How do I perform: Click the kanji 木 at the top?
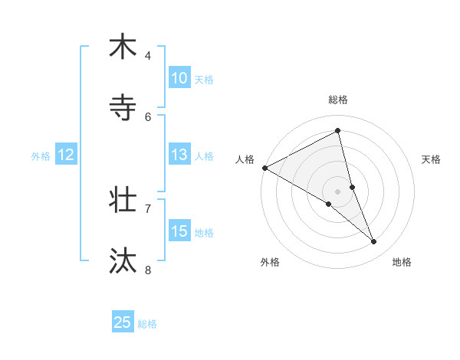point(123,47)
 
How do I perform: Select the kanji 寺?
point(123,108)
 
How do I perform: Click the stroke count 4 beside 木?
point(148,56)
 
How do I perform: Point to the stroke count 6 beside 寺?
point(148,116)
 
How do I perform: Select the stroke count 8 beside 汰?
point(148,270)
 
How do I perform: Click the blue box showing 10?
point(179,78)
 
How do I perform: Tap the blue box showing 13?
point(179,155)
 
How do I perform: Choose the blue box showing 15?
point(179,231)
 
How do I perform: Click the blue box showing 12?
point(66,155)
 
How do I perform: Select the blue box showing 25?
point(123,322)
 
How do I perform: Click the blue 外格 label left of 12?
point(41,155)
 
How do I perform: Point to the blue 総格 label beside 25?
point(147,324)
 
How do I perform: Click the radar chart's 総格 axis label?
point(338,100)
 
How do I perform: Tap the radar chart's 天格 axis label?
point(432,159)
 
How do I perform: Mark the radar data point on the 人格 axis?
point(264,168)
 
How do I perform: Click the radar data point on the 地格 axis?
point(374,241)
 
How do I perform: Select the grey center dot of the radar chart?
point(338,191)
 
